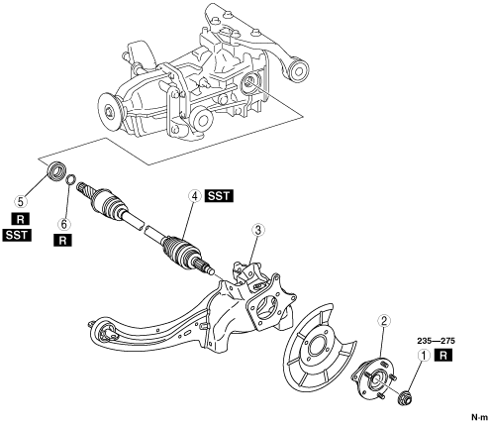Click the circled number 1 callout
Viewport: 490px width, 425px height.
[424, 356]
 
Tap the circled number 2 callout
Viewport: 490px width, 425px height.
[384, 320]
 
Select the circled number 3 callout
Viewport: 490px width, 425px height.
[258, 230]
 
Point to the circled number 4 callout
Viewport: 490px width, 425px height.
[195, 196]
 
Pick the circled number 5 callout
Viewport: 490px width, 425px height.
[21, 200]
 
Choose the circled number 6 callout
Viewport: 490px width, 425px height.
[63, 224]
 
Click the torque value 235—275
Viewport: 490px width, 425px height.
[436, 341]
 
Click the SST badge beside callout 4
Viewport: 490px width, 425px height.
[219, 196]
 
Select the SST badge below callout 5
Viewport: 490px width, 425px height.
[17, 236]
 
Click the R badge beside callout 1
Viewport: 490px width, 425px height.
[443, 356]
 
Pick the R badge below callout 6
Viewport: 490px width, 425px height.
[62, 240]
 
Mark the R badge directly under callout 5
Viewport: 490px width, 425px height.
[20, 219]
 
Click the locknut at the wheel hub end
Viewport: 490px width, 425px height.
[405, 397]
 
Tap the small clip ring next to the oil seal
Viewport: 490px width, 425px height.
[71, 179]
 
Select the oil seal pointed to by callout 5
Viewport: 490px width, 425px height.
[55, 171]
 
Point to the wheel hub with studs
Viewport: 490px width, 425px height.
[373, 377]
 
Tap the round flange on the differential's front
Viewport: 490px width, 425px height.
[109, 112]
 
